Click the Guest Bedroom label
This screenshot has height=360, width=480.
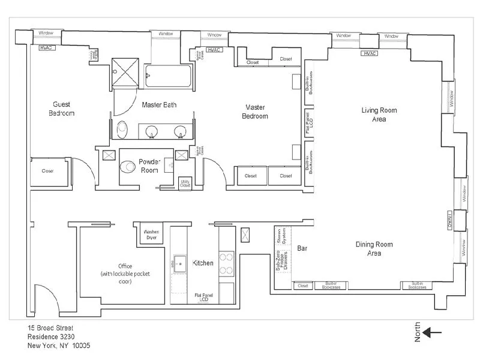tap(62, 109)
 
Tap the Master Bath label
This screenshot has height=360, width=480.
tap(159, 104)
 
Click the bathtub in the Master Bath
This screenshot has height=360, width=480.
tap(170, 76)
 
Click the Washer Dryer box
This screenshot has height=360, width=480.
tap(151, 234)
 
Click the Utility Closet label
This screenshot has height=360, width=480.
tap(185, 184)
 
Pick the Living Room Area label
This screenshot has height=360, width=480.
tap(379, 115)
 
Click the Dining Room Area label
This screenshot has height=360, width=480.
tap(374, 248)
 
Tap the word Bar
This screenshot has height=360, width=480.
tap(302, 248)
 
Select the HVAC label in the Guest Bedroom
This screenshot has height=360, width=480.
tap(47, 47)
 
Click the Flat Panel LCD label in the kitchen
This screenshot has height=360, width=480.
tap(202, 297)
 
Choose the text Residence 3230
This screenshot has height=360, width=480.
tap(51, 337)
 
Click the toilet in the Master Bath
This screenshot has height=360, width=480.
tap(122, 128)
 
